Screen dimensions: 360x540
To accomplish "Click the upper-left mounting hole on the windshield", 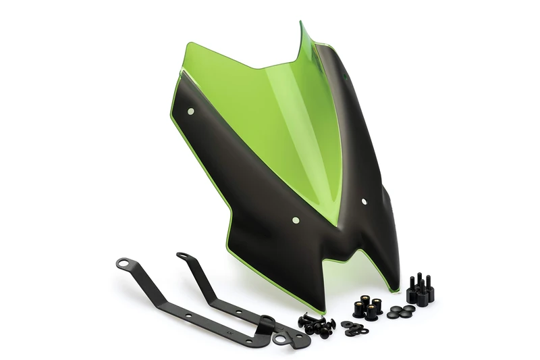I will [x=191, y=110].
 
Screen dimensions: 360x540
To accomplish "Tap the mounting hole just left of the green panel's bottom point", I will [x=296, y=219].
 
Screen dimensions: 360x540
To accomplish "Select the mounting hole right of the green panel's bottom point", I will [x=364, y=201].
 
